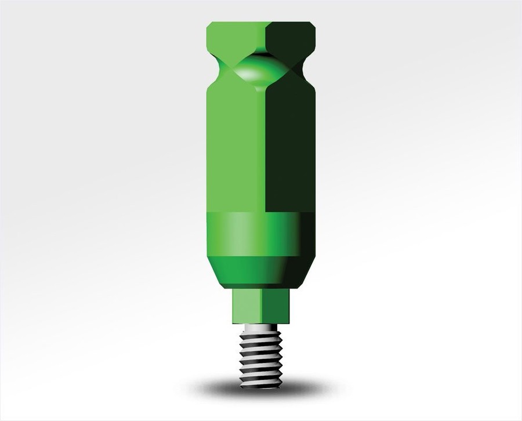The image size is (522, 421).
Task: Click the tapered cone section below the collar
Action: tap(261, 273)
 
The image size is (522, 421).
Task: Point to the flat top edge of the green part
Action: tap(261, 23)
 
